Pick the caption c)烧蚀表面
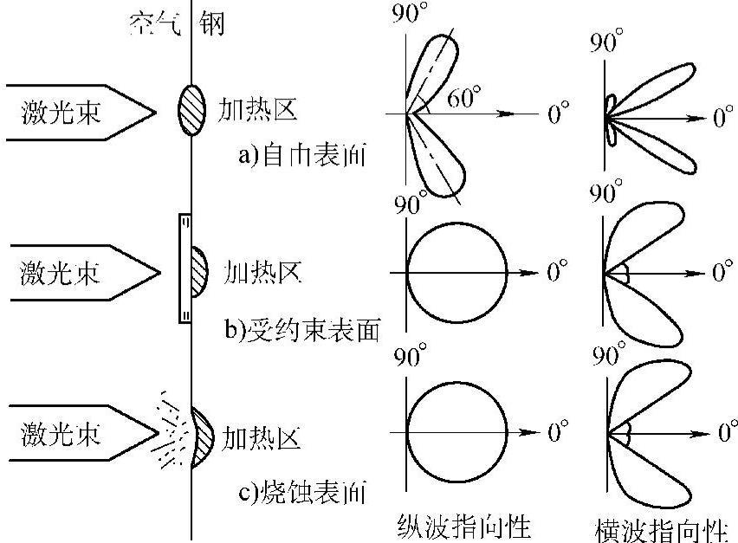[302, 495]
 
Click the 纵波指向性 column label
[463, 526]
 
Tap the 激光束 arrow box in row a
[74, 112]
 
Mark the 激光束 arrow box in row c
[74, 432]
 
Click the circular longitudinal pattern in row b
[456, 272]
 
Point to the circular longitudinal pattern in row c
[456, 432]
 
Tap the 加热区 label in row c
[262, 436]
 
